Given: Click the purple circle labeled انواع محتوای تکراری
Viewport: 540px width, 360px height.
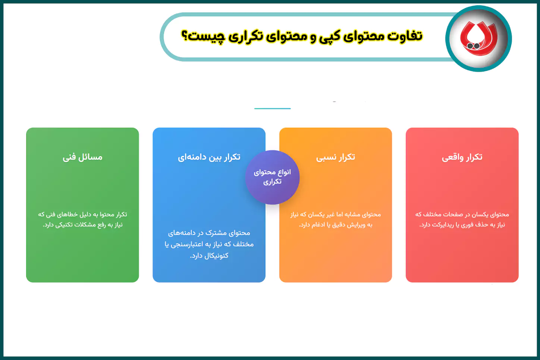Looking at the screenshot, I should [x=272, y=177].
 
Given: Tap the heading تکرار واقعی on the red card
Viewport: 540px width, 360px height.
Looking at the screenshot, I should [x=462, y=157].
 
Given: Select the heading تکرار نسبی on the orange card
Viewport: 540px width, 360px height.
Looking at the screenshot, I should [x=336, y=157].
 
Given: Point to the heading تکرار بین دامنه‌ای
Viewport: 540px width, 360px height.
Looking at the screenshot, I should [x=209, y=157].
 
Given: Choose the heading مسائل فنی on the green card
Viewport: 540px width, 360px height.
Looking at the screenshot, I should [x=82, y=157].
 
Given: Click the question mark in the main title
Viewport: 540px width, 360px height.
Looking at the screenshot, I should [x=184, y=36].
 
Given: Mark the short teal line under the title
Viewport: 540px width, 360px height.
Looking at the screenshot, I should [x=272, y=109].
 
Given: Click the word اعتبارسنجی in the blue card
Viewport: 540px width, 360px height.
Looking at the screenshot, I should [x=186, y=244].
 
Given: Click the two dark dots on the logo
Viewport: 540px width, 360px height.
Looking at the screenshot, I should [x=473, y=46].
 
